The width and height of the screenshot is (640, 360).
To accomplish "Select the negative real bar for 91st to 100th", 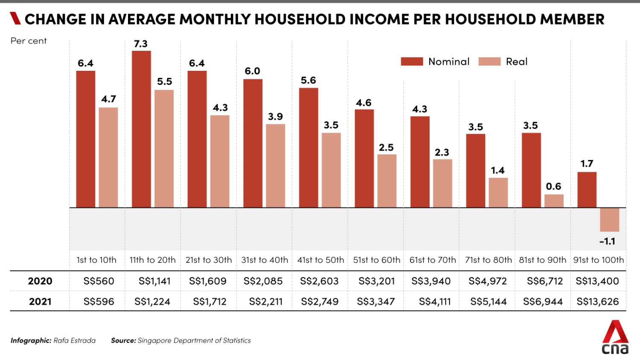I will pyautogui.click(x=609, y=220).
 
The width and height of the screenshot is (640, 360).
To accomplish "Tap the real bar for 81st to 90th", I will pyautogui.click(x=554, y=201).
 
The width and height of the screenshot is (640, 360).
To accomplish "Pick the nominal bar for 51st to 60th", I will pyautogui.click(x=364, y=158).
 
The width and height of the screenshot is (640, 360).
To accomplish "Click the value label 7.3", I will pyautogui.click(x=140, y=44).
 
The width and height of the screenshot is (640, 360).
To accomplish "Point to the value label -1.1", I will pyautogui.click(x=607, y=241).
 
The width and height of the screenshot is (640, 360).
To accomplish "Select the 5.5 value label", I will pyautogui.click(x=164, y=81).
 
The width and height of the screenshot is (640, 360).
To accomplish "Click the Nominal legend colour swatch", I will pyautogui.click(x=412, y=62).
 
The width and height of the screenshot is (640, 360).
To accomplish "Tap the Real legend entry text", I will pyautogui.click(x=516, y=62).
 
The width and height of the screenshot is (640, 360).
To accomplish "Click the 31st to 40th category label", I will pyautogui.click(x=265, y=260).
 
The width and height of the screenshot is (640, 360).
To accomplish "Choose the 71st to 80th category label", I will pyautogui.click(x=488, y=260).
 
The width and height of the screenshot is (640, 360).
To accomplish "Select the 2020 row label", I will pyautogui.click(x=40, y=281).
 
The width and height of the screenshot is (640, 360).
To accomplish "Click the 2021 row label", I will pyautogui.click(x=40, y=302).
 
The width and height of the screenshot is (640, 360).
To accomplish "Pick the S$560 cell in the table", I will pyautogui.click(x=99, y=281).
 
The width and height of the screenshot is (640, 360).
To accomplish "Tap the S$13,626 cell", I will pyautogui.click(x=597, y=302).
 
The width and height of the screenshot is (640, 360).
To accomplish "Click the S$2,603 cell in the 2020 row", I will pyautogui.click(x=319, y=281).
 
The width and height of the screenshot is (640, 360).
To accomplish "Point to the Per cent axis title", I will pyautogui.click(x=29, y=41).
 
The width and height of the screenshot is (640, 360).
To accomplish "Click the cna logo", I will pyautogui.click(x=615, y=338).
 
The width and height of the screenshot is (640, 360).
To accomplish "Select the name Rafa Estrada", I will pyautogui.click(x=74, y=340).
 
